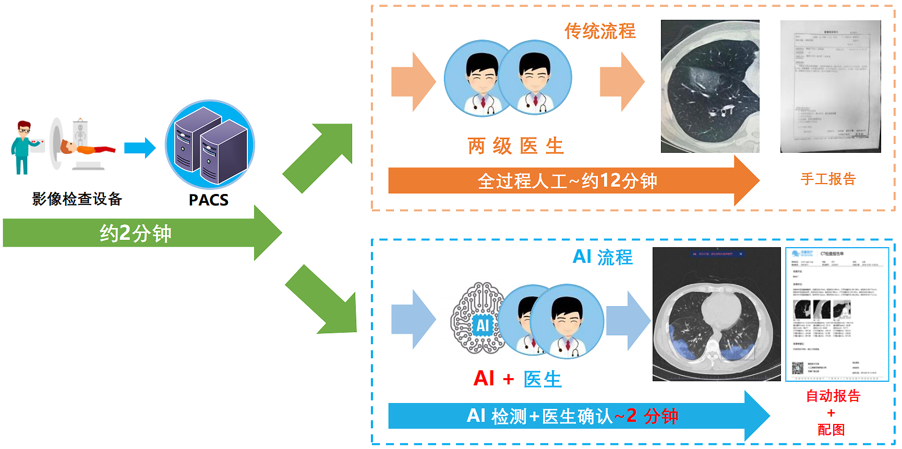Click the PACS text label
tap(208, 200)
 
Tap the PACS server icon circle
tap(210, 144)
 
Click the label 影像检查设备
tap(77, 199)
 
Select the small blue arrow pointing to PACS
tap(139, 148)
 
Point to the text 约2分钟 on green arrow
tap(135, 233)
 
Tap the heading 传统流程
tap(599, 31)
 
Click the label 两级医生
tap(515, 146)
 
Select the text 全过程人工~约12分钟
tap(567, 181)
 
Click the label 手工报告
tap(828, 179)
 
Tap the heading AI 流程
tap(602, 257)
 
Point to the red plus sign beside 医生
tap(508, 380)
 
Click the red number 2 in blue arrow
tap(631, 416)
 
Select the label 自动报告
tap(833, 396)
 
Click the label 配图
tap(831, 430)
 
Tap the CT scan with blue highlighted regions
tap(716, 314)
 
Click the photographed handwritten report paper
tap(830, 87)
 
